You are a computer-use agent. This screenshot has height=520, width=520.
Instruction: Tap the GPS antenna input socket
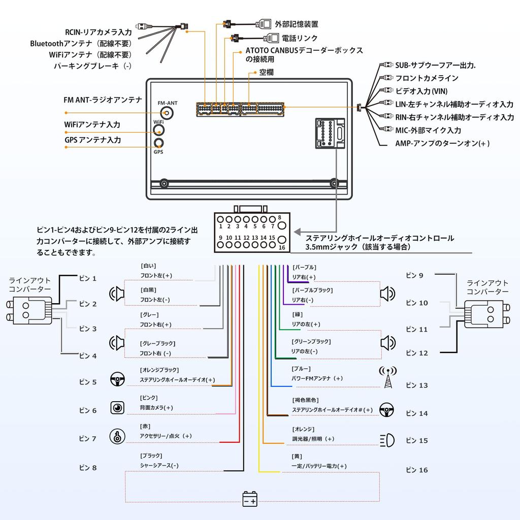point(159,143)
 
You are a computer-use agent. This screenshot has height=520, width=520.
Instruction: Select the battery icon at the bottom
point(250,499)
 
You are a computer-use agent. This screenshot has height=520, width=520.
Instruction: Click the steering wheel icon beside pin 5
point(118,379)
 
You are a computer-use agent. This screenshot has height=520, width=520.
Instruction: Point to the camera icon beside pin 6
point(117,408)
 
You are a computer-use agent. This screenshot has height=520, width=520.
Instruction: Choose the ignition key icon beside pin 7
point(117,436)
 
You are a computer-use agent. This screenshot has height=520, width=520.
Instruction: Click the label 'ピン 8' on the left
point(88,467)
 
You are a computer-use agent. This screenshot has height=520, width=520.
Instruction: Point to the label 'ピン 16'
point(417,470)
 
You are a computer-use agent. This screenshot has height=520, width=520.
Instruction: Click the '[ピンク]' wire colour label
point(149,398)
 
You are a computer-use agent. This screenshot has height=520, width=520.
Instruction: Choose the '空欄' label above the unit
point(267,73)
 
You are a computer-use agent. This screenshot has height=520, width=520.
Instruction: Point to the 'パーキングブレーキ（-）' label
point(92,66)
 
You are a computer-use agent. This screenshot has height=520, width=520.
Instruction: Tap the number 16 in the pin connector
point(282,247)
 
